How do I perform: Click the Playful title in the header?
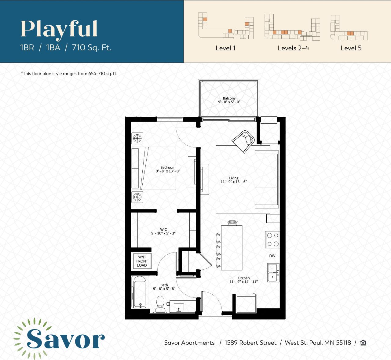click(59, 29)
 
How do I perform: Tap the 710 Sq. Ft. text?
click(92, 48)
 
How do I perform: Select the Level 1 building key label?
click(225, 48)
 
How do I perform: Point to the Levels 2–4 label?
click(293, 48)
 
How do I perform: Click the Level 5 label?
click(351, 48)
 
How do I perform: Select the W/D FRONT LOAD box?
click(142, 261)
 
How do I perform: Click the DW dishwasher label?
click(272, 256)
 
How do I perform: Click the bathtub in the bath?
click(140, 292)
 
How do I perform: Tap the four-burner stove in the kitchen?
click(272, 239)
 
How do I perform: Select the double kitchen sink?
click(272, 273)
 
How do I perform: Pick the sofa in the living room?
click(266, 179)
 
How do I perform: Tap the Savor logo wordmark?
click(65, 339)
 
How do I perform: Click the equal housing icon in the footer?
click(363, 343)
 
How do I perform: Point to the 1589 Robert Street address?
click(250, 343)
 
